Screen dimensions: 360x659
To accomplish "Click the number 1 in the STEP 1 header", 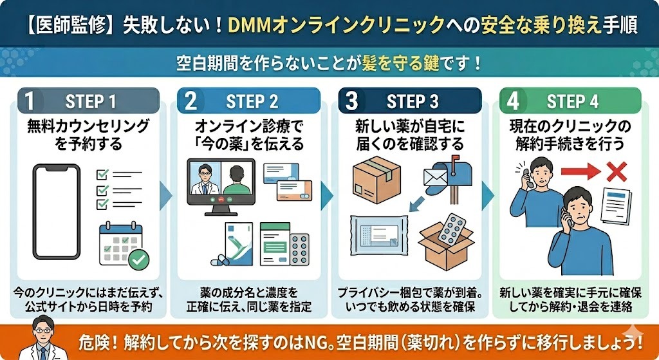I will click(x=29, y=102).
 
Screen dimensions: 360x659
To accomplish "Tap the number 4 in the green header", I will click(x=513, y=102).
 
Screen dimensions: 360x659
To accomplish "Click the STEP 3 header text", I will click(x=413, y=102).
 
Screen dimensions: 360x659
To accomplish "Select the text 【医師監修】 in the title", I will click(x=62, y=25).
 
